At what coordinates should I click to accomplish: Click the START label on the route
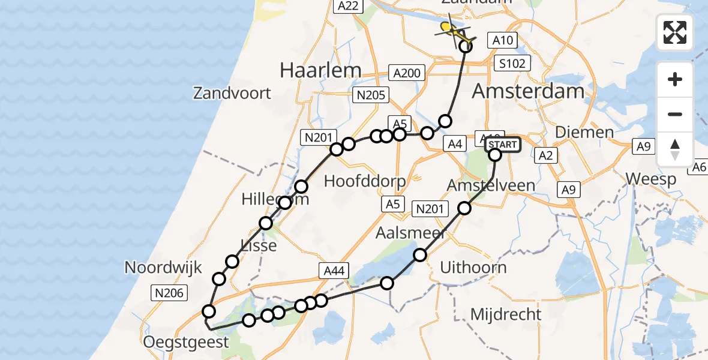click(502, 145)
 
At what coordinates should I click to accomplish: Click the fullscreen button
click(675, 32)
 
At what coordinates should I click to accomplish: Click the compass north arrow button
click(675, 149)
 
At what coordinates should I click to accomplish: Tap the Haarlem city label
click(320, 70)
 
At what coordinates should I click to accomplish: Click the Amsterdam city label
click(528, 91)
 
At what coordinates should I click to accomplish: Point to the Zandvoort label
click(232, 94)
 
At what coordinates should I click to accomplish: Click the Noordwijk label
click(163, 268)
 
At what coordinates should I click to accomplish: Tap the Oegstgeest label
click(186, 343)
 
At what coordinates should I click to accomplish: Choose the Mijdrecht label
click(506, 314)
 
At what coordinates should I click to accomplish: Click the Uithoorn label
click(473, 267)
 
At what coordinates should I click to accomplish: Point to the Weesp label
click(650, 179)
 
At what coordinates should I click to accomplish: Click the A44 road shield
click(334, 271)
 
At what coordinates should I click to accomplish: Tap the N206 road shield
click(170, 293)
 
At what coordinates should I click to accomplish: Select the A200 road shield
click(407, 73)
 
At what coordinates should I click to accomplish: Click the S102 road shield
click(511, 63)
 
